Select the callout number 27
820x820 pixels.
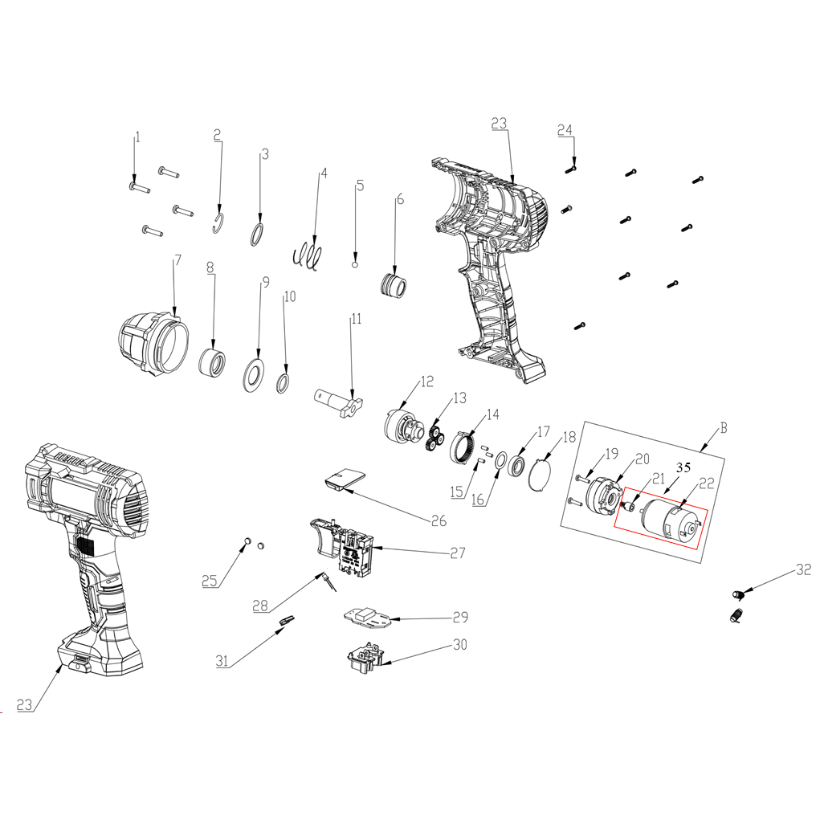pos(458,553)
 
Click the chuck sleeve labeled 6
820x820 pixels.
pos(394,285)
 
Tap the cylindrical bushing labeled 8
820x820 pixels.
pos(212,360)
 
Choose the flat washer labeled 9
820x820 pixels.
pos(255,374)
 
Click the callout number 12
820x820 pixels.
pos(426,381)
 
